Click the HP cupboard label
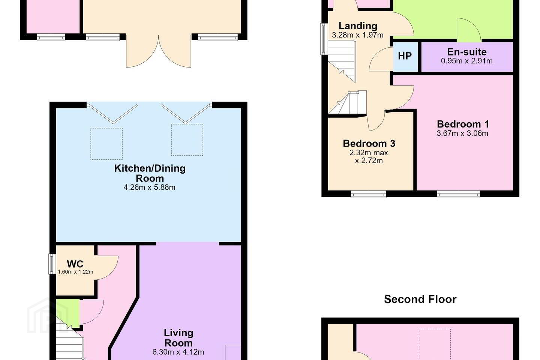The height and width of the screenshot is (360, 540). (x=405, y=56)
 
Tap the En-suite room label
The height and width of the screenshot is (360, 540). (x=467, y=52)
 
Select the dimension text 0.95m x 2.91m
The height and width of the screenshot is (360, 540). (x=467, y=61)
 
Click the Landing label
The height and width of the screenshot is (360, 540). (x=358, y=26)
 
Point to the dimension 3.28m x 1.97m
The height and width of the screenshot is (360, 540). (x=358, y=35)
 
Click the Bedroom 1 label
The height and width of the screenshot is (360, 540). (x=463, y=124)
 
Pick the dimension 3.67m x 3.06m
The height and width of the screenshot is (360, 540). (x=462, y=133)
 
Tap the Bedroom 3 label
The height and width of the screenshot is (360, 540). (x=369, y=144)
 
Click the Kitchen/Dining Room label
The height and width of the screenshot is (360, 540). (x=150, y=173)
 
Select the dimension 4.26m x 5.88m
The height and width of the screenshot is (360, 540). (x=150, y=187)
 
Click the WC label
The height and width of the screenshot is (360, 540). (x=75, y=264)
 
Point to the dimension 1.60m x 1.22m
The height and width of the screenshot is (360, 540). (x=75, y=272)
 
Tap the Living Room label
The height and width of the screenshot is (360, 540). (x=178, y=338)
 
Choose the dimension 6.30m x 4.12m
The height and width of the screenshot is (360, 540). (x=178, y=352)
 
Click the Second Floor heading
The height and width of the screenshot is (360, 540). (x=420, y=299)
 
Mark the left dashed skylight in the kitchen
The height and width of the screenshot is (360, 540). (x=106, y=144)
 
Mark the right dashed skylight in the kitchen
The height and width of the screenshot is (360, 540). (x=187, y=140)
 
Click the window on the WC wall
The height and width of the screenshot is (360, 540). (x=52, y=264)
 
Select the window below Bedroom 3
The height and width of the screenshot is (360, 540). (x=369, y=194)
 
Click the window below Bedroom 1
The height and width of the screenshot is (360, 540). (x=458, y=194)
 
